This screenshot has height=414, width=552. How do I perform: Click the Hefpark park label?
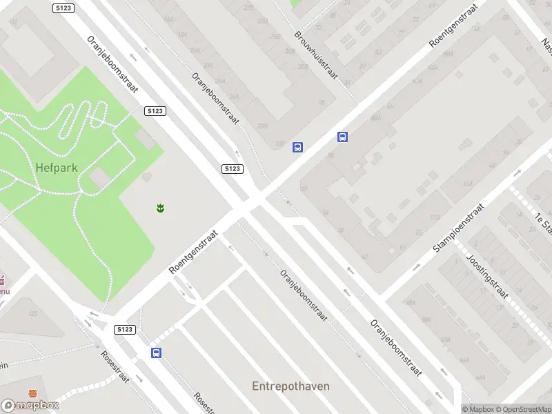coord(57,167)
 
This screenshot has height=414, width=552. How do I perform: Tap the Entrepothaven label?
coord(290,386)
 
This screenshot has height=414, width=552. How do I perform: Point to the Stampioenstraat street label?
coord(458,227)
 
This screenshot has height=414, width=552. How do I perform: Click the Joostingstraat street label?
coord(487,276)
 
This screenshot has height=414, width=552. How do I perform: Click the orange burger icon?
coord(33,393)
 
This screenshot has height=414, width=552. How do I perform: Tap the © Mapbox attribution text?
coord(477,409)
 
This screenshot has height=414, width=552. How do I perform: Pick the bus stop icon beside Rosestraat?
coord(157,353)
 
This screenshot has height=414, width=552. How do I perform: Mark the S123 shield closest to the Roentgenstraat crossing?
coord(233,169)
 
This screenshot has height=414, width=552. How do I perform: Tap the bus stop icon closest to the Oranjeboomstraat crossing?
coord(298,147)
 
